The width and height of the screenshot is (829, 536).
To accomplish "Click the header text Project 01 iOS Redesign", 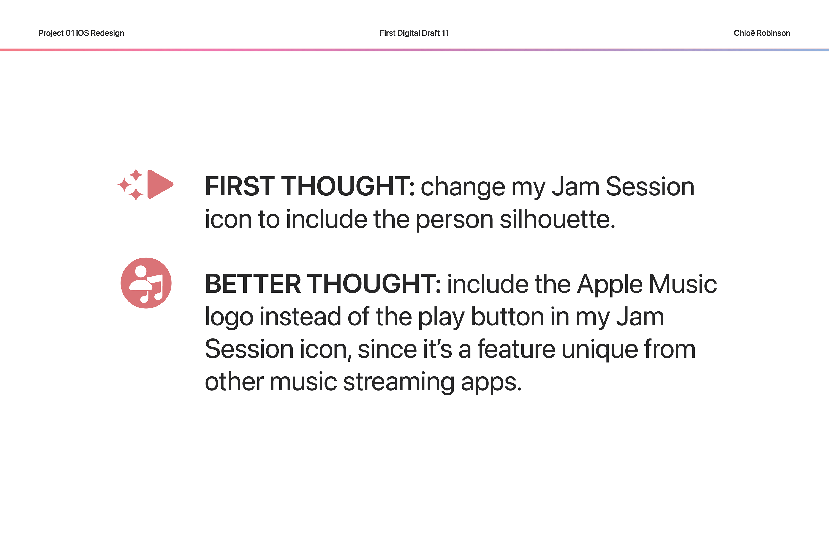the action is (81, 33).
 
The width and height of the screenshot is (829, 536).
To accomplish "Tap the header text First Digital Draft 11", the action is (414, 33).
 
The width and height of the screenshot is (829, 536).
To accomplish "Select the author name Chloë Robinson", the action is (762, 33).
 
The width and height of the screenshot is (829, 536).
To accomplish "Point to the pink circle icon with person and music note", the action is (146, 283).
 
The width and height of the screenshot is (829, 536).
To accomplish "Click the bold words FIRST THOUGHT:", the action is (310, 187).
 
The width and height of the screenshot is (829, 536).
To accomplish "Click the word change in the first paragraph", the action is (463, 187).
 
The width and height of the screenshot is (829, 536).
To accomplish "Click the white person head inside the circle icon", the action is (141, 271).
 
